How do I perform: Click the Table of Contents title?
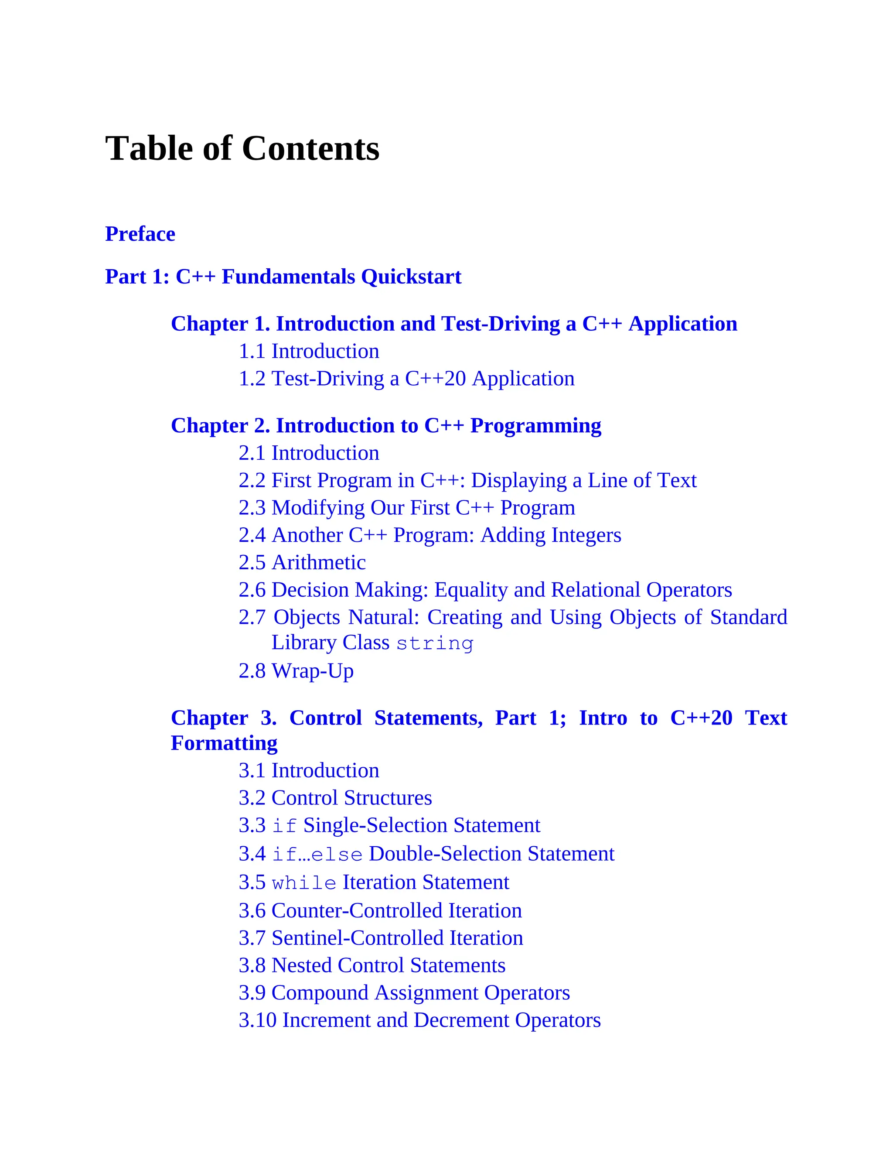tap(242, 148)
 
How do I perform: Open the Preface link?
tap(140, 234)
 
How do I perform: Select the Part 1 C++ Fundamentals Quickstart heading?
tap(283, 277)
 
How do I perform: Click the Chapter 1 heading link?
tap(454, 324)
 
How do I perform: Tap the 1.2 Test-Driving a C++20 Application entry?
tap(406, 379)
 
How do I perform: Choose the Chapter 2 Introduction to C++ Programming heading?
tap(385, 426)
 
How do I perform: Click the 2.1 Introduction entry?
tap(309, 453)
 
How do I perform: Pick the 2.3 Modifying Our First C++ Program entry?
tap(406, 508)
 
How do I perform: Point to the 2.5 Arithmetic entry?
tap(302, 563)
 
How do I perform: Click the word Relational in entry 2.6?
tap(595, 590)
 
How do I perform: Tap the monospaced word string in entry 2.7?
tap(434, 643)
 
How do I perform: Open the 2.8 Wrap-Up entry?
tap(296, 671)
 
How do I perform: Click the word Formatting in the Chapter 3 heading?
tap(224, 743)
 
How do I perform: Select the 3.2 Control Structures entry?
tap(335, 798)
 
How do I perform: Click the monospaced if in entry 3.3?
tap(284, 826)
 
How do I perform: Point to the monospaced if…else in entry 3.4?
tap(317, 854)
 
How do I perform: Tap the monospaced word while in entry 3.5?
tap(303, 883)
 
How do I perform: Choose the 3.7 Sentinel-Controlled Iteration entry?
tap(380, 938)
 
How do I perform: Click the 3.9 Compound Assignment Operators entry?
tap(404, 992)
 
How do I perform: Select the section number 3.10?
tap(258, 1020)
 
